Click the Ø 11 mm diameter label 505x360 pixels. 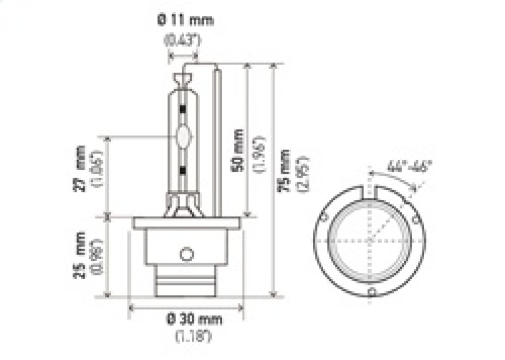point(185,20)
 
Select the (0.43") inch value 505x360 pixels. point(183,41)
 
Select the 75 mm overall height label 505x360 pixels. point(285,171)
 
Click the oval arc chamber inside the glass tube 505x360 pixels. point(184,136)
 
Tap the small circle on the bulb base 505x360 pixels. point(186,254)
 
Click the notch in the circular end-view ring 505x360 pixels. point(371,189)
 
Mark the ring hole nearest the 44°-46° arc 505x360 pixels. point(415,219)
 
